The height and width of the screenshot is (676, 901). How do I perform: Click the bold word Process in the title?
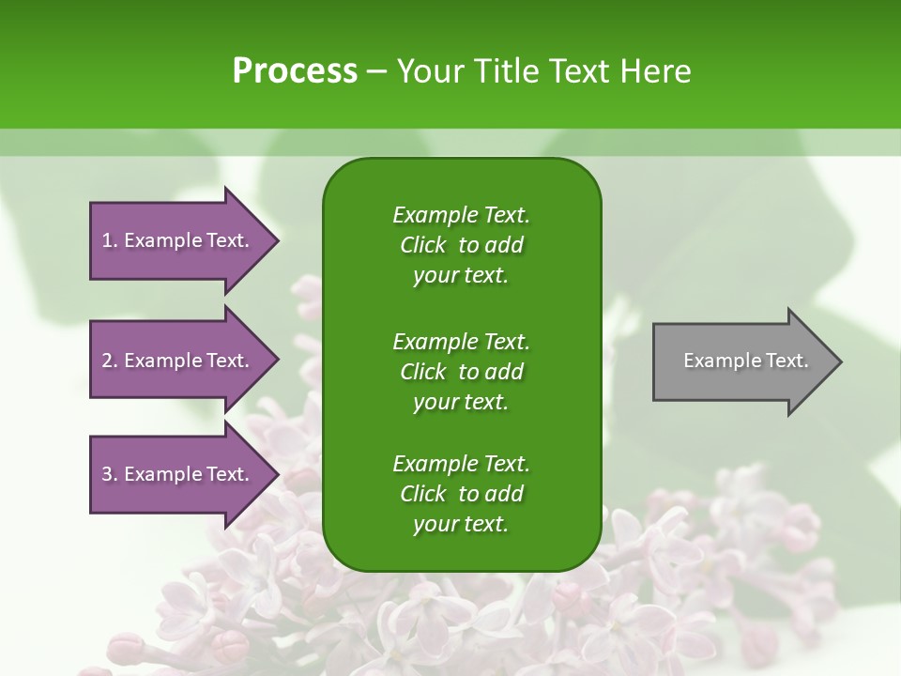click(295, 71)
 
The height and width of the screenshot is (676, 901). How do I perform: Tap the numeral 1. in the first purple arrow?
click(110, 240)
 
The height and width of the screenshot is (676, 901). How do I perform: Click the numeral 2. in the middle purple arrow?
click(110, 361)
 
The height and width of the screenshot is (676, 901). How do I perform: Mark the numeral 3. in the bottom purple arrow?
click(110, 474)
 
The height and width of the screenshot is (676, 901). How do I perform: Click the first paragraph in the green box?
click(461, 245)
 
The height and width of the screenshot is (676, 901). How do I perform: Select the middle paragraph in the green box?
click(461, 371)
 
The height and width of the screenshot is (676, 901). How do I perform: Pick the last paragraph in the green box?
click(461, 494)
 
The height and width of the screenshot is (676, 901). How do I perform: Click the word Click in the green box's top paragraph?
click(422, 245)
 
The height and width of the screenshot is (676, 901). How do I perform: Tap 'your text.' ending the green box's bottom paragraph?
click(461, 525)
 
